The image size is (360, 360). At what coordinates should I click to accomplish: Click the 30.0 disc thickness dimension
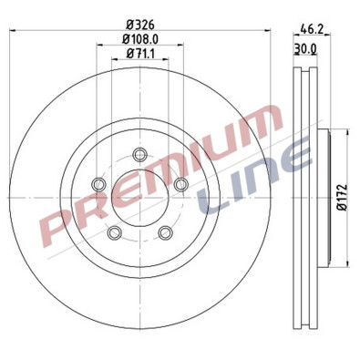click(x=306, y=48)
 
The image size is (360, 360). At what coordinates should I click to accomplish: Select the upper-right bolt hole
click(x=180, y=185)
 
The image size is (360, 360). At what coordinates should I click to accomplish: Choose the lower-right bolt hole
click(x=165, y=233)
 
